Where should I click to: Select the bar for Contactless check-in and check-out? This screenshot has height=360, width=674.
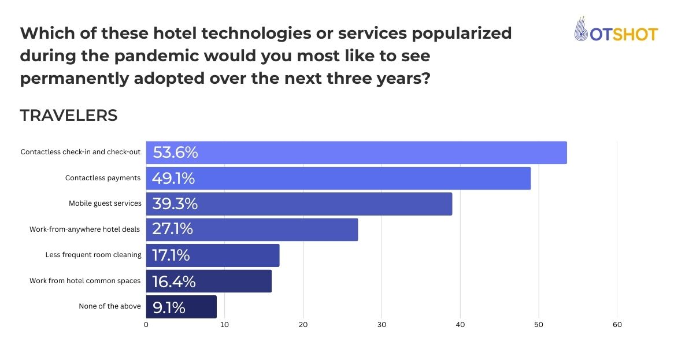356,153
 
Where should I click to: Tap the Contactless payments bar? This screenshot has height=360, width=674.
338,178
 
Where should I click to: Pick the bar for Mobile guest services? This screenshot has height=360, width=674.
299,203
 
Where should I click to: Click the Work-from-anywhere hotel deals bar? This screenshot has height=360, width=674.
252,229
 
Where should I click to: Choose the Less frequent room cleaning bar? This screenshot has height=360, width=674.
213,255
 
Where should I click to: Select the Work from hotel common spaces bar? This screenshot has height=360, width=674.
209,281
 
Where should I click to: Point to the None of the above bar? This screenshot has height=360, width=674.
182,306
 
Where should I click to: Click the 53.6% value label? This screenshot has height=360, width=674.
175,153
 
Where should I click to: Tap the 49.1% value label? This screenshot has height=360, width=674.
173,178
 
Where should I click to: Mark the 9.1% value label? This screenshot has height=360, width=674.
169,307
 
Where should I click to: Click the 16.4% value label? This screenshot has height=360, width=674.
173,281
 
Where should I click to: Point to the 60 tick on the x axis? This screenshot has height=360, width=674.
617,325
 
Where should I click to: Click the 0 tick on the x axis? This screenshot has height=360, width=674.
146,325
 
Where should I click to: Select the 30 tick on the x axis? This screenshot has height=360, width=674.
382,325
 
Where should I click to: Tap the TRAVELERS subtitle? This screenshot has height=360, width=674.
69,116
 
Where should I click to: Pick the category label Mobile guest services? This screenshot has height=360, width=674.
105,203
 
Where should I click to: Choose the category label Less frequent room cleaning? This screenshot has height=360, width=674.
93,255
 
